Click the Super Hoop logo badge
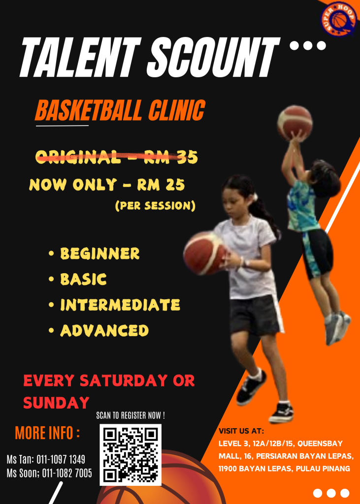pos(338,19)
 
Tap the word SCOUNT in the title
pos(213,57)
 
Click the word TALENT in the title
pos(81,57)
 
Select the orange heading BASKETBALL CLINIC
pos(120,110)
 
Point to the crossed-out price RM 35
pos(170,157)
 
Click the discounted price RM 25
pos(161,185)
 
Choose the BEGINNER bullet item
pos(100,253)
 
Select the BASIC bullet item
pos(83,279)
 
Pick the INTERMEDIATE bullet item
pos(120,304)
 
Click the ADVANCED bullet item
pos(104,330)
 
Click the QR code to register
pos(131,454)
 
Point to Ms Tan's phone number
pos(61,459)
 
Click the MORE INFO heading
pos(47,433)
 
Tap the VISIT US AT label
pos(241,431)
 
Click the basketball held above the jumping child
pos(295,123)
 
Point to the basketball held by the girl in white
pos(204,253)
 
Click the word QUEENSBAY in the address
pos(320,444)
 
